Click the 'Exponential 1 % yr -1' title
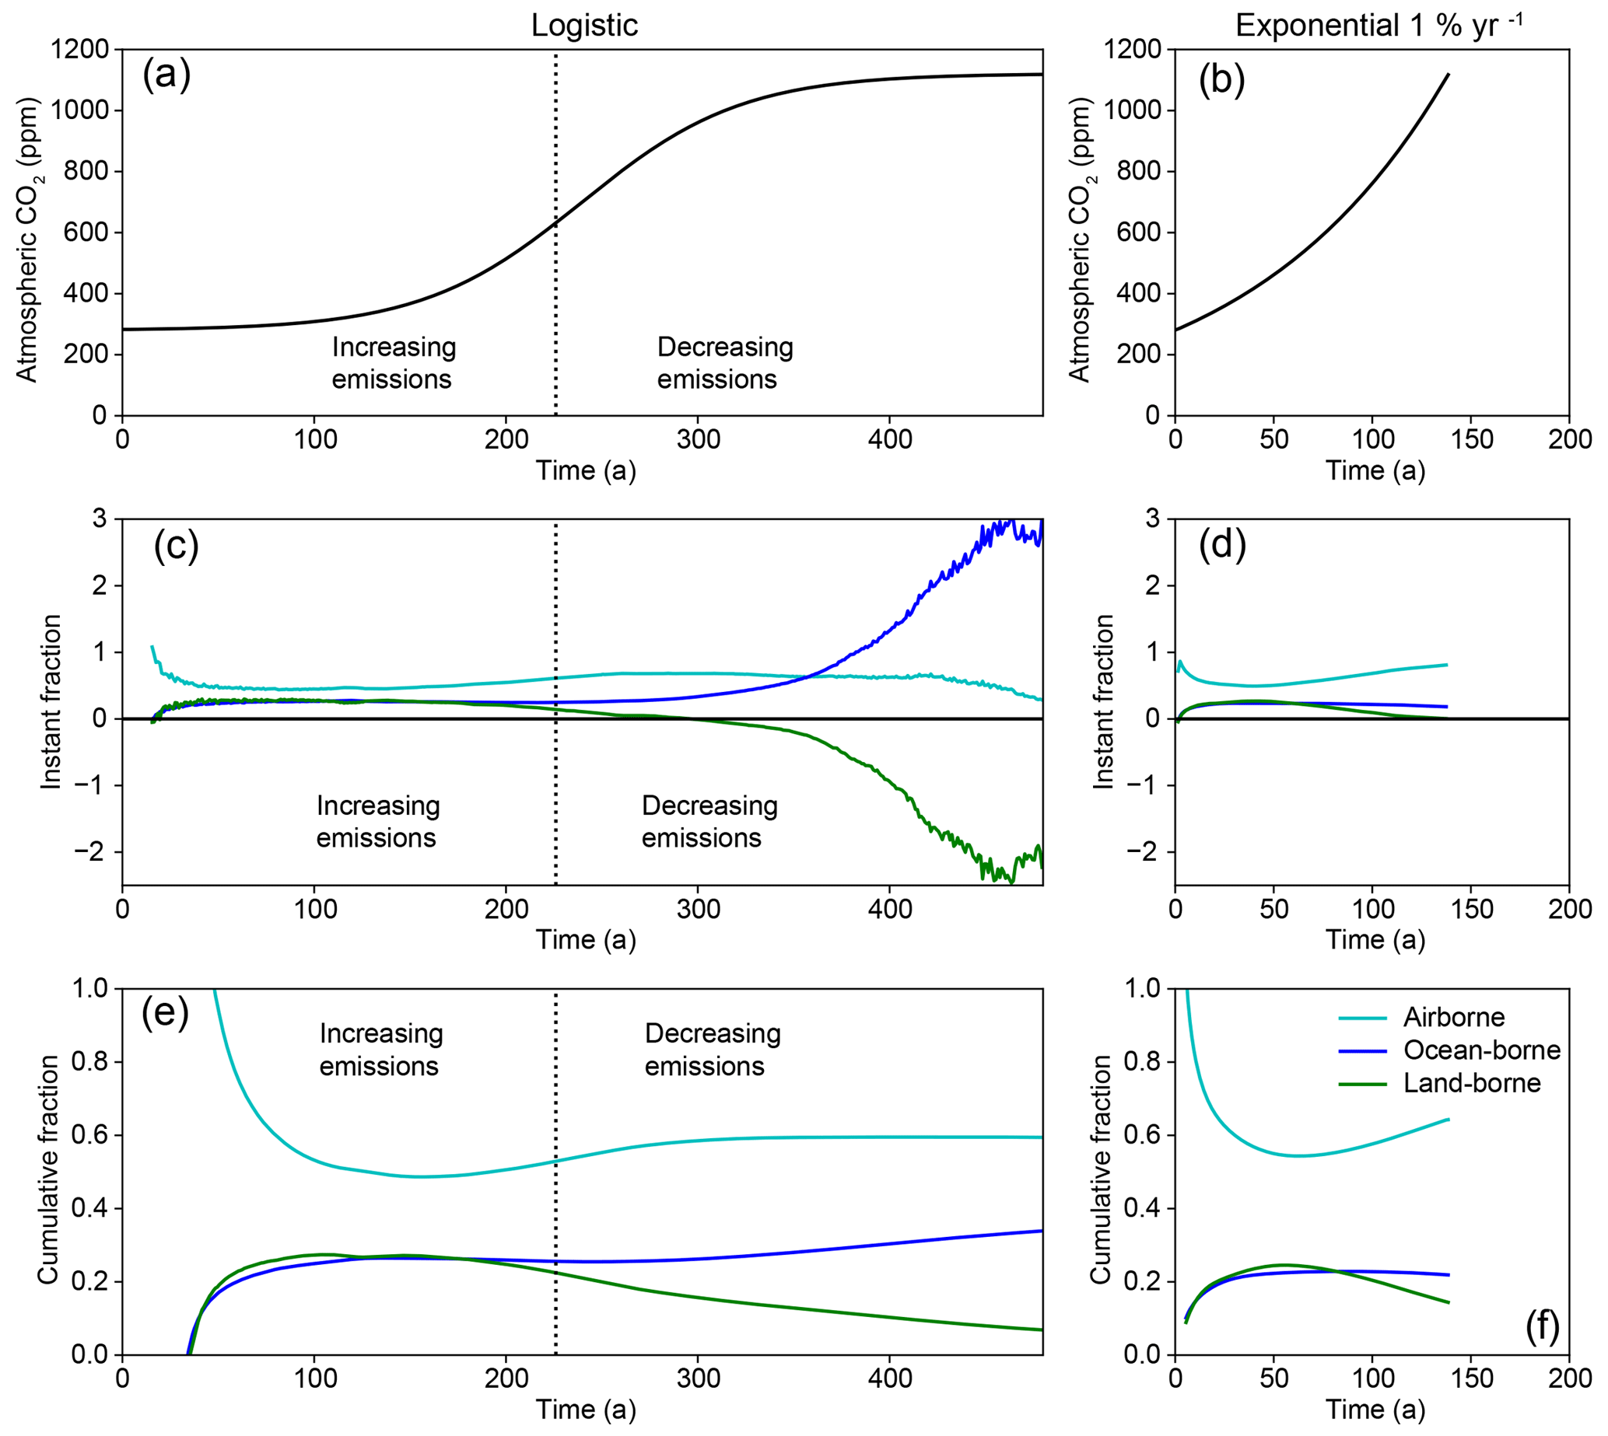click(1378, 25)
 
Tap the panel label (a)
click(166, 75)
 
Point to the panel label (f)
click(1542, 1326)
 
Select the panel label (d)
click(1221, 544)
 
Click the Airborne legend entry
click(1452, 1018)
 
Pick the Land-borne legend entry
click(1470, 1083)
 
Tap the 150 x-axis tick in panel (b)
click(1470, 439)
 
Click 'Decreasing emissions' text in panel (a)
click(724, 363)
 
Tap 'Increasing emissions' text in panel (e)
click(380, 1050)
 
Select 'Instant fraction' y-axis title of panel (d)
click(1103, 701)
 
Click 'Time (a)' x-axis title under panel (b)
click(1375, 471)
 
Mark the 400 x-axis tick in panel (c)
click(890, 909)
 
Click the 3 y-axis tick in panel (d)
click(1153, 519)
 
